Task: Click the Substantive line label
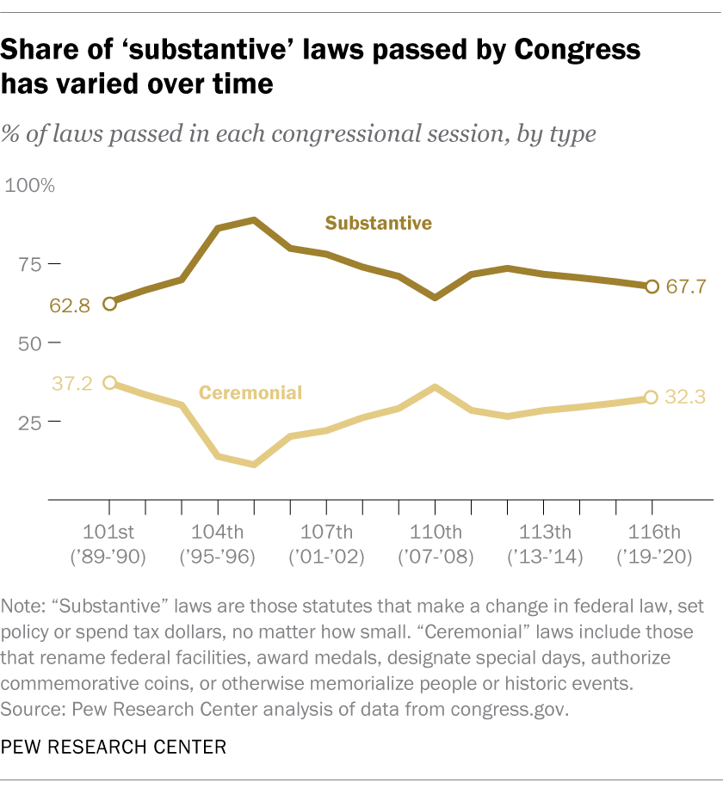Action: tap(378, 223)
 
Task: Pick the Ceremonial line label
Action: tap(250, 393)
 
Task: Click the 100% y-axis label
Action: tap(30, 186)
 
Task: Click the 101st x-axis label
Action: tap(109, 530)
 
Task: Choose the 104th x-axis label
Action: tap(218, 530)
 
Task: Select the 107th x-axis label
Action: tap(326, 530)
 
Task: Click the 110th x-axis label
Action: tap(435, 530)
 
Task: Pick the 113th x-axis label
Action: tap(543, 530)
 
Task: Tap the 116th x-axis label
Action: tap(652, 530)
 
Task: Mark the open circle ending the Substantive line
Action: tap(652, 287)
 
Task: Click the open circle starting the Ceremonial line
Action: tap(109, 382)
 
